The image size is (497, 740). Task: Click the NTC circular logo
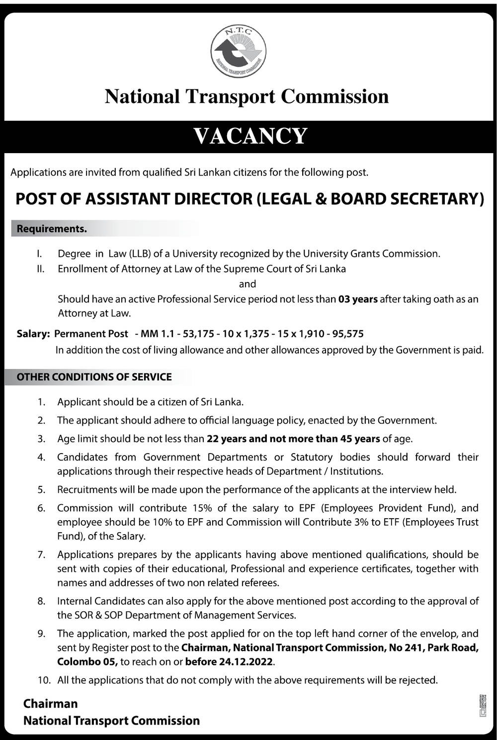(x=238, y=51)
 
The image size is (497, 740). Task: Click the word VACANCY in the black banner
(x=250, y=136)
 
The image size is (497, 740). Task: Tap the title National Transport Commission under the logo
(x=247, y=96)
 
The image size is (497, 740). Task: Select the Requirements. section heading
(x=52, y=229)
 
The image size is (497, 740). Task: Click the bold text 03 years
(x=358, y=299)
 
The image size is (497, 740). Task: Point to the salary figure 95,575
(x=347, y=334)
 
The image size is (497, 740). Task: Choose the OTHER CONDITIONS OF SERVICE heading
(x=94, y=377)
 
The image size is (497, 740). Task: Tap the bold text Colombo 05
(x=87, y=662)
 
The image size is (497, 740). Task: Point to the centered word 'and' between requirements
(x=248, y=284)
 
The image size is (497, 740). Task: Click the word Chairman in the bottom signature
(x=51, y=704)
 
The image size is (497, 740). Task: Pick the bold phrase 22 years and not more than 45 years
(x=293, y=439)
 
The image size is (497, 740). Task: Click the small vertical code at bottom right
(x=483, y=706)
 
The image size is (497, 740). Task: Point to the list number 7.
(x=41, y=555)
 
